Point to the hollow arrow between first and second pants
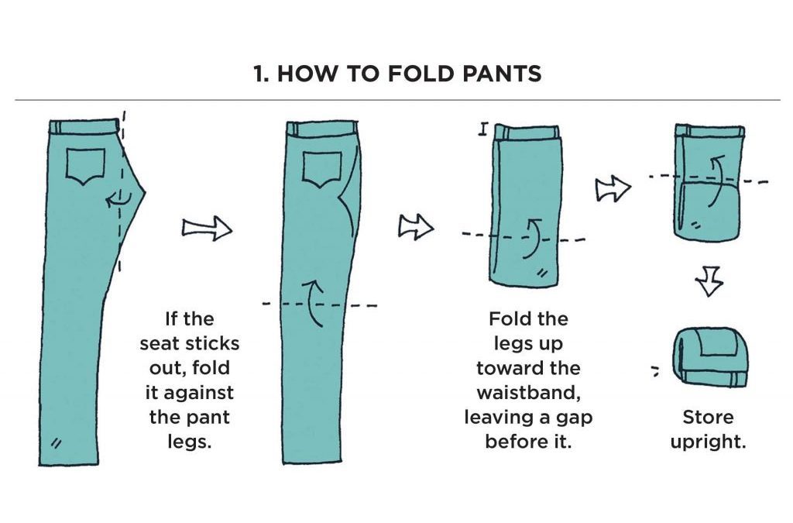coord(206,228)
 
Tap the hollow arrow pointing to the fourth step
coord(613,188)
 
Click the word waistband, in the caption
coord(528,393)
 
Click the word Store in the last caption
coord(708,418)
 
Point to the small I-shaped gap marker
coord(482,129)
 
